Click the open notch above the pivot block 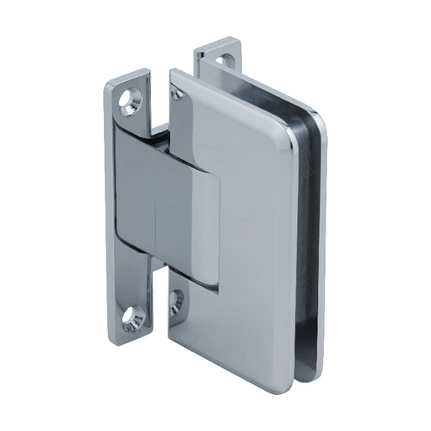point(159,130)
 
